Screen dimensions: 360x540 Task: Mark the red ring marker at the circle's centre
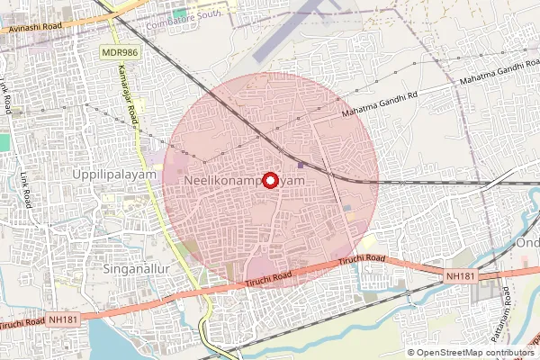[x=271, y=178]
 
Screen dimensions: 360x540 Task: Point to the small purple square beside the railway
[x=300, y=164]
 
